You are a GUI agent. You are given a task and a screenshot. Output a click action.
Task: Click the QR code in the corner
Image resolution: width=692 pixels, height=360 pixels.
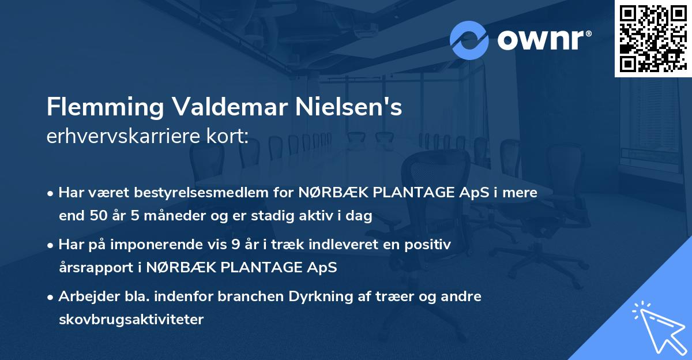pos(653,39)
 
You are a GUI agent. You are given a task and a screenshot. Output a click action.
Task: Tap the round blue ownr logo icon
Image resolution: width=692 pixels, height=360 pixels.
pos(469,40)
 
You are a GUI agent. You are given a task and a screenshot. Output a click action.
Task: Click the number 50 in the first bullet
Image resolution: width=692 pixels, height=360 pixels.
pos(96,216)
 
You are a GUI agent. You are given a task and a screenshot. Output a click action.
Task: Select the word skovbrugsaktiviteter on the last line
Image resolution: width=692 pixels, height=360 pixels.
pos(131,319)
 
